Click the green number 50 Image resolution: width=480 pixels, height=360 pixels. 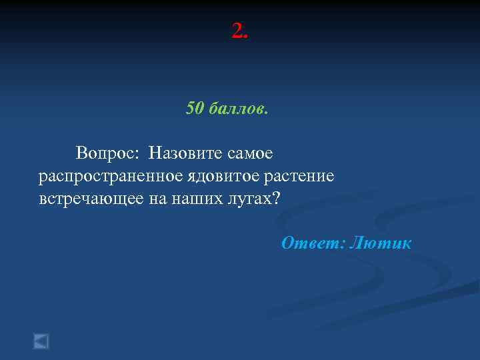pos(195,108)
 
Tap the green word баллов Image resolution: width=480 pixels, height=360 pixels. pos(237,108)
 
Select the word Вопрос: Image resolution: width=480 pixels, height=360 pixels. pos(107,153)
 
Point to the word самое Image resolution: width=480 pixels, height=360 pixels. pos(251,153)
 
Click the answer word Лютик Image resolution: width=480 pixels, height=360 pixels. pos(381,243)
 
